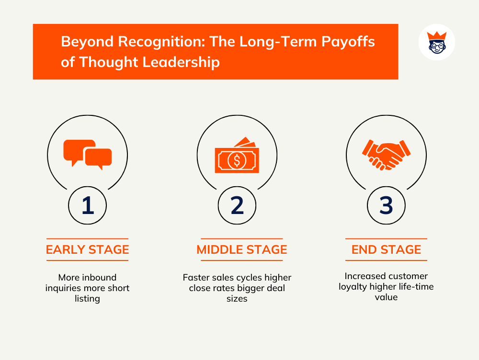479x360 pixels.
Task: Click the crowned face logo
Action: click(436, 42)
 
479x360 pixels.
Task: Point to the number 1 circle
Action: click(88, 205)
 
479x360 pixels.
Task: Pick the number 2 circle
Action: click(237, 205)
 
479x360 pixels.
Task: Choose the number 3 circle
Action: click(386, 205)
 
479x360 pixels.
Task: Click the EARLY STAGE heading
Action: click(87, 249)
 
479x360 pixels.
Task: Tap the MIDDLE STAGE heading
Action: click(241, 249)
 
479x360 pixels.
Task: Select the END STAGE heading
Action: click(386, 249)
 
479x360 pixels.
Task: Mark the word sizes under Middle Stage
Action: click(237, 299)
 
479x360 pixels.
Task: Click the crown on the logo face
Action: click(436, 35)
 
